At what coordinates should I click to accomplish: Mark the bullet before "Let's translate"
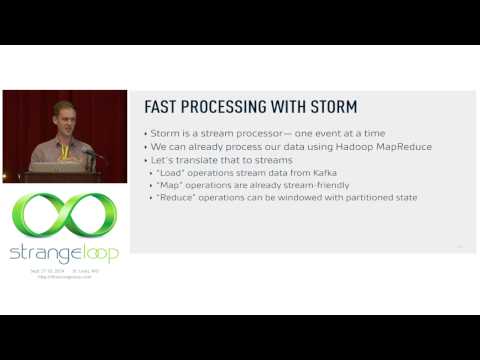pos(146,160)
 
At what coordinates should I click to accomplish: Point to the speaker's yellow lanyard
pos(64,151)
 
